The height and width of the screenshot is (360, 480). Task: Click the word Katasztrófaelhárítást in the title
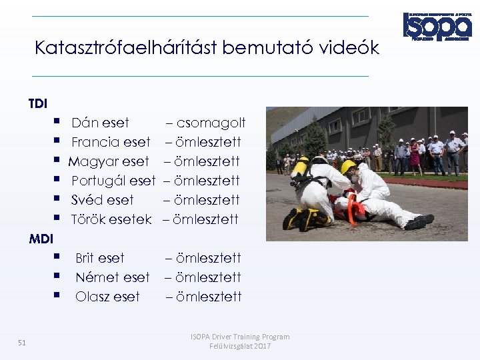125,48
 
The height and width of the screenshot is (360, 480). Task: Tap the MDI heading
41,238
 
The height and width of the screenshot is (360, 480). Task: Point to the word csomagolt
211,123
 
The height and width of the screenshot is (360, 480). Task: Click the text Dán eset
100,123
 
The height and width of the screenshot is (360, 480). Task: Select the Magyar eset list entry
109,161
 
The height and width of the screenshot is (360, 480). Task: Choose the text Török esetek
111,219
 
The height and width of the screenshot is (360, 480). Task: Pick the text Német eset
113,277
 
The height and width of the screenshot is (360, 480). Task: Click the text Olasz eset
107,297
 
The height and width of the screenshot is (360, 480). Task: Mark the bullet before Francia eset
59,141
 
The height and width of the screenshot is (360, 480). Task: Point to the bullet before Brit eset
59,257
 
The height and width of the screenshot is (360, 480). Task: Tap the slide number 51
22,343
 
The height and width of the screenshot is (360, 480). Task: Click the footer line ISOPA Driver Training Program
240,337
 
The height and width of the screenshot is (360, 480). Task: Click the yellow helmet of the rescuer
348,167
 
